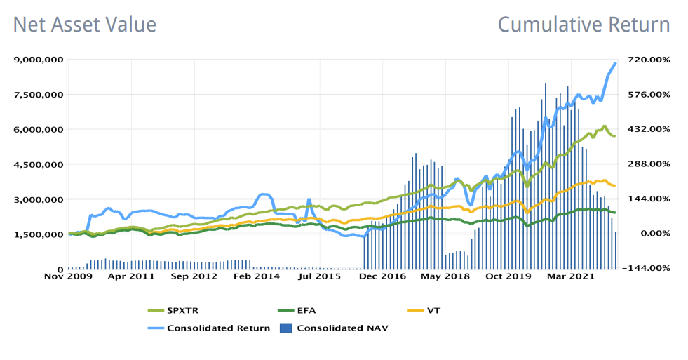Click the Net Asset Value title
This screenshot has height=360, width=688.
tap(85, 25)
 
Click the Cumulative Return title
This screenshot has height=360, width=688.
tap(584, 25)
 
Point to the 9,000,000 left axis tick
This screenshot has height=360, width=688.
tap(39, 60)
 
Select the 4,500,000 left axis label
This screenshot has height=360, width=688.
tap(39, 165)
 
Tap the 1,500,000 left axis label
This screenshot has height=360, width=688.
tap(39, 234)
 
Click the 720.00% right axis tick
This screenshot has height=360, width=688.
tap(648, 60)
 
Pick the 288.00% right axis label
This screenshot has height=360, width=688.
tap(648, 164)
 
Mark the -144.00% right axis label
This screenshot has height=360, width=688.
tap(646, 268)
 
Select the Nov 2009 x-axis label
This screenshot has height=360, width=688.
tap(69, 276)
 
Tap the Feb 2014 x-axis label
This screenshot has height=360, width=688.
tap(257, 276)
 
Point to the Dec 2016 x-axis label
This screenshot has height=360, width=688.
tap(382, 276)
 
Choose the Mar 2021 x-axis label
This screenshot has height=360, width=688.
tap(571, 276)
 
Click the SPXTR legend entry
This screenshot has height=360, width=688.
tap(173, 311)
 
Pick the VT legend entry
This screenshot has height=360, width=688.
tap(424, 311)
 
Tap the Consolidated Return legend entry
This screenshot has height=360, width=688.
tap(209, 328)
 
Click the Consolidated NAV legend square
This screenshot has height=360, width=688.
tap(285, 328)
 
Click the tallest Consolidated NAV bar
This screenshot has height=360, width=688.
tap(546, 176)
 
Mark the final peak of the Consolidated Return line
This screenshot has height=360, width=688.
tap(615, 64)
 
